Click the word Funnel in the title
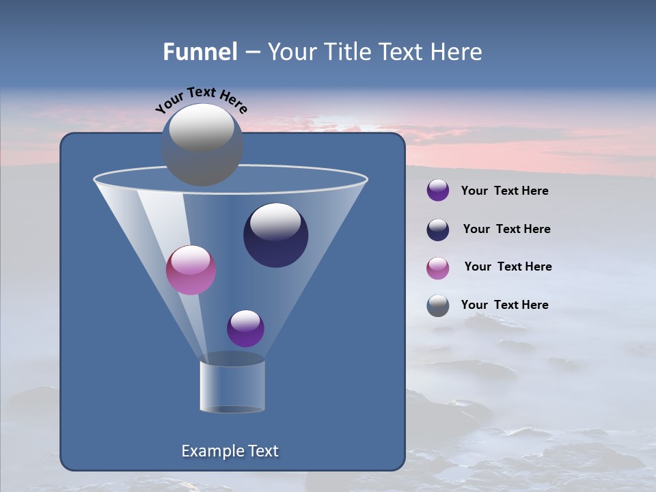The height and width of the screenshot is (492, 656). [x=200, y=52]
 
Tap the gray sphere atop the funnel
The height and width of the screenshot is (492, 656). [x=202, y=145]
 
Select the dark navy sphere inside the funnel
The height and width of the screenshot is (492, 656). [x=275, y=235]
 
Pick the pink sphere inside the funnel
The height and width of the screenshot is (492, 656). [x=191, y=270]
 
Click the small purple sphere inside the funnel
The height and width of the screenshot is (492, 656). [x=245, y=328]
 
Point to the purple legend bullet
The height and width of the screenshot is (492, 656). [x=438, y=191]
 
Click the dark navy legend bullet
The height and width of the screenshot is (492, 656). [x=438, y=230]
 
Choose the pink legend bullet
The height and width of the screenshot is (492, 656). [x=438, y=268]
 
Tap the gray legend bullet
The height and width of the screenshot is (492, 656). [x=438, y=305]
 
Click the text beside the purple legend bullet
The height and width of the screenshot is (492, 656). [x=504, y=191]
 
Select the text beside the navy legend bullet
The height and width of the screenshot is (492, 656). [x=506, y=229]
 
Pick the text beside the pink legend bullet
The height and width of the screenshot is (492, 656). [x=508, y=266]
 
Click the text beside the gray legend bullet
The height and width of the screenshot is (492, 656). [x=504, y=305]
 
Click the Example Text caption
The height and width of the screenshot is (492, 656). [x=230, y=451]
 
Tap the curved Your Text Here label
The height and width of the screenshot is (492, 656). [x=201, y=100]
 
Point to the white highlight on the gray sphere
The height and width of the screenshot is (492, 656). [x=201, y=127]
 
